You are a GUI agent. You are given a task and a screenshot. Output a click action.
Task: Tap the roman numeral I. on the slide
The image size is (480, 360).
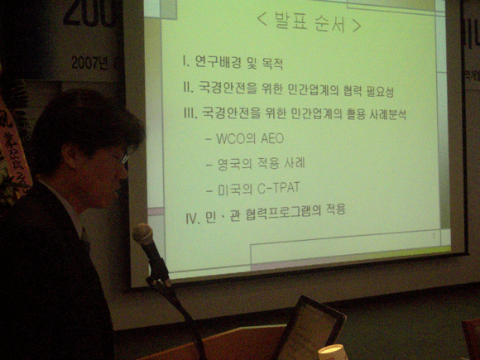coord(188,63)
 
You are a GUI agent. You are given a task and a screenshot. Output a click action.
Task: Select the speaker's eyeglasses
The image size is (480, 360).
coord(122,156)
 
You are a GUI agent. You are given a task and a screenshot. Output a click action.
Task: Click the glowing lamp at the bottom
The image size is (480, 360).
coord(333,352)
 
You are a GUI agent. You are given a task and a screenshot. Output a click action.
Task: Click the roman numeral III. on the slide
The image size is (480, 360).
coord(190,114)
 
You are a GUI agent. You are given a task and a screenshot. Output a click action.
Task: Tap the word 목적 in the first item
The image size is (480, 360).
coord(273,63)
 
